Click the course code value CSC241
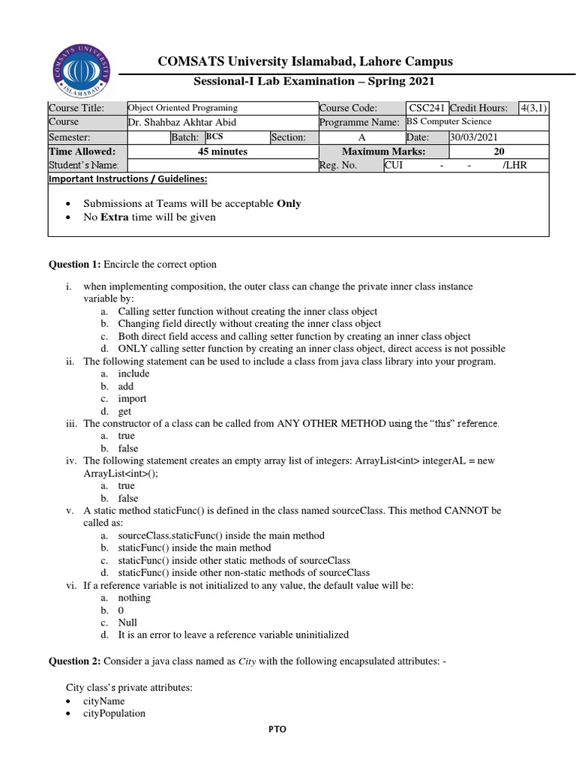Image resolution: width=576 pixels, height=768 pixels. [427, 108]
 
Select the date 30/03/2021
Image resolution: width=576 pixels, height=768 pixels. [472, 137]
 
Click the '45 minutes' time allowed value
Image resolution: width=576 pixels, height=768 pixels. [223, 151]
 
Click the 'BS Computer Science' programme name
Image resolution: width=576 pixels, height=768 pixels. [449, 121]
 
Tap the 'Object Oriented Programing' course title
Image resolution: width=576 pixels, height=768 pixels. [183, 108]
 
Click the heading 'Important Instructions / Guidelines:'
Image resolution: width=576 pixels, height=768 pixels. [127, 179]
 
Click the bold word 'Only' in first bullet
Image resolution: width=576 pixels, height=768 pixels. [289, 203]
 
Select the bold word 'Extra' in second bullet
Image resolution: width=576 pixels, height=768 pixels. [114, 217]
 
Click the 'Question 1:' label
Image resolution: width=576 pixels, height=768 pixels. [75, 264]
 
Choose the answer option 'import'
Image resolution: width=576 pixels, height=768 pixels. [132, 399]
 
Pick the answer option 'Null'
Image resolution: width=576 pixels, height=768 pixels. [127, 622]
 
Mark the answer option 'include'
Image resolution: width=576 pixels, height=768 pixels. [133, 373]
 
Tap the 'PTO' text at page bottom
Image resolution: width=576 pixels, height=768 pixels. [277, 728]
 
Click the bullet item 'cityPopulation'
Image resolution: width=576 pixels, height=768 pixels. [114, 713]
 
